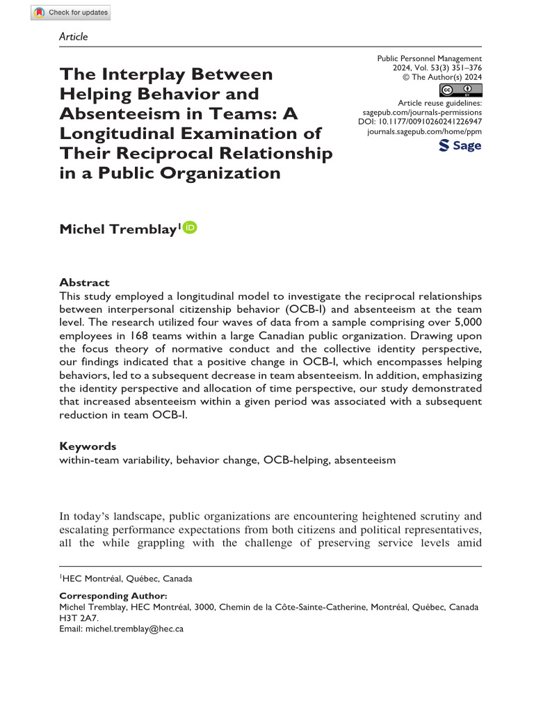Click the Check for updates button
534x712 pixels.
(x=71, y=13)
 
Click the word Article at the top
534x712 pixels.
(x=74, y=36)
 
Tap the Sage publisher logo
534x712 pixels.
(x=460, y=145)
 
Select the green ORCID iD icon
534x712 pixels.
(x=190, y=227)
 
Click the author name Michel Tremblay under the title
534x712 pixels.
(x=117, y=230)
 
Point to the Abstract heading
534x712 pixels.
(x=84, y=282)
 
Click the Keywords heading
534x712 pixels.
(x=88, y=446)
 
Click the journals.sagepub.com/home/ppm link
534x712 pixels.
(x=424, y=131)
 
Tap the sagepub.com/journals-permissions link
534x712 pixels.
(x=423, y=111)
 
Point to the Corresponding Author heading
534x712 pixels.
(x=113, y=596)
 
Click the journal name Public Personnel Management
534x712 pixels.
(x=429, y=58)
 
